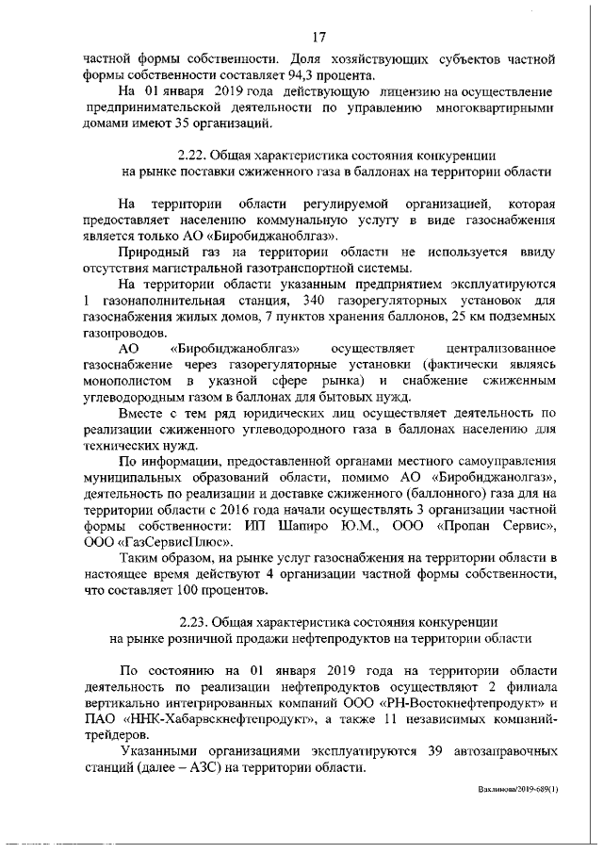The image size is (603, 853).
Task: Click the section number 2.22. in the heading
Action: point(193,155)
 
